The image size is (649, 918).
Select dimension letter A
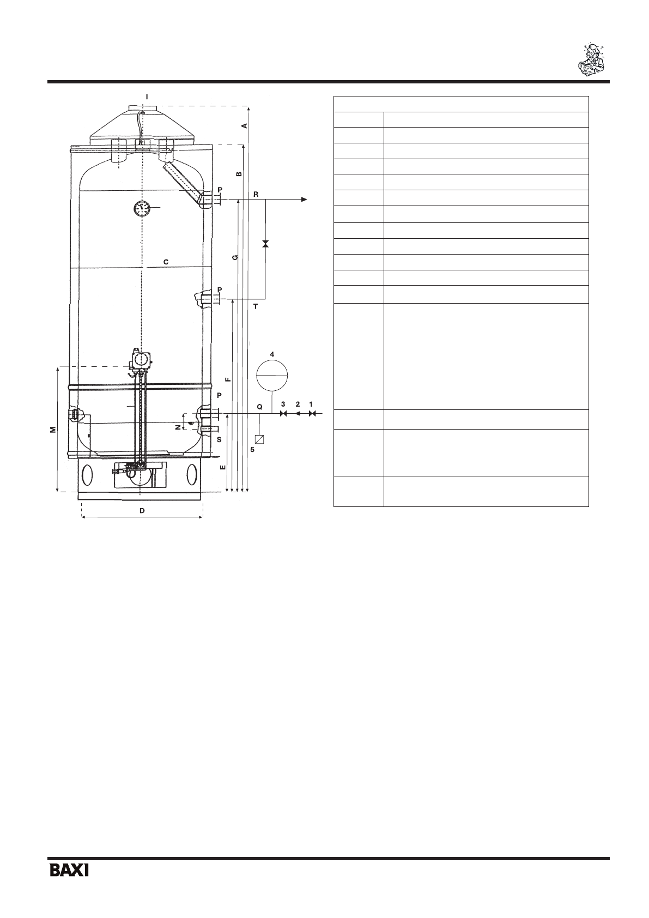pyautogui.click(x=244, y=126)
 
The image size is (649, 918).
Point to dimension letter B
pyautogui.click(x=239, y=174)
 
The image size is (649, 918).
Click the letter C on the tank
pyautogui.click(x=166, y=262)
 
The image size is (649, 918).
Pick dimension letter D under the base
pyautogui.click(x=142, y=511)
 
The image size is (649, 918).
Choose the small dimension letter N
pyautogui.click(x=178, y=427)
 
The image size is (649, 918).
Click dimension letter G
pyautogui.click(x=235, y=257)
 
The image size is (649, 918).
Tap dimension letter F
pyautogui.click(x=229, y=379)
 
